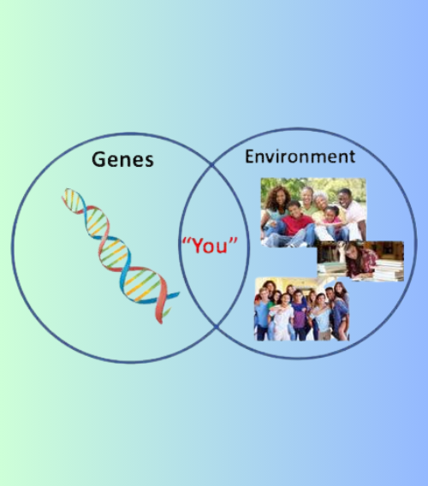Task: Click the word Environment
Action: (300, 157)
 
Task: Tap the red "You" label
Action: (210, 246)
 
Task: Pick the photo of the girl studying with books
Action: (360, 260)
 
